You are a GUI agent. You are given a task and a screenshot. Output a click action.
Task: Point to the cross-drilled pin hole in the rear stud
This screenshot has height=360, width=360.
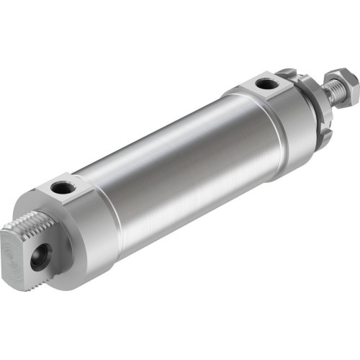38,258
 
